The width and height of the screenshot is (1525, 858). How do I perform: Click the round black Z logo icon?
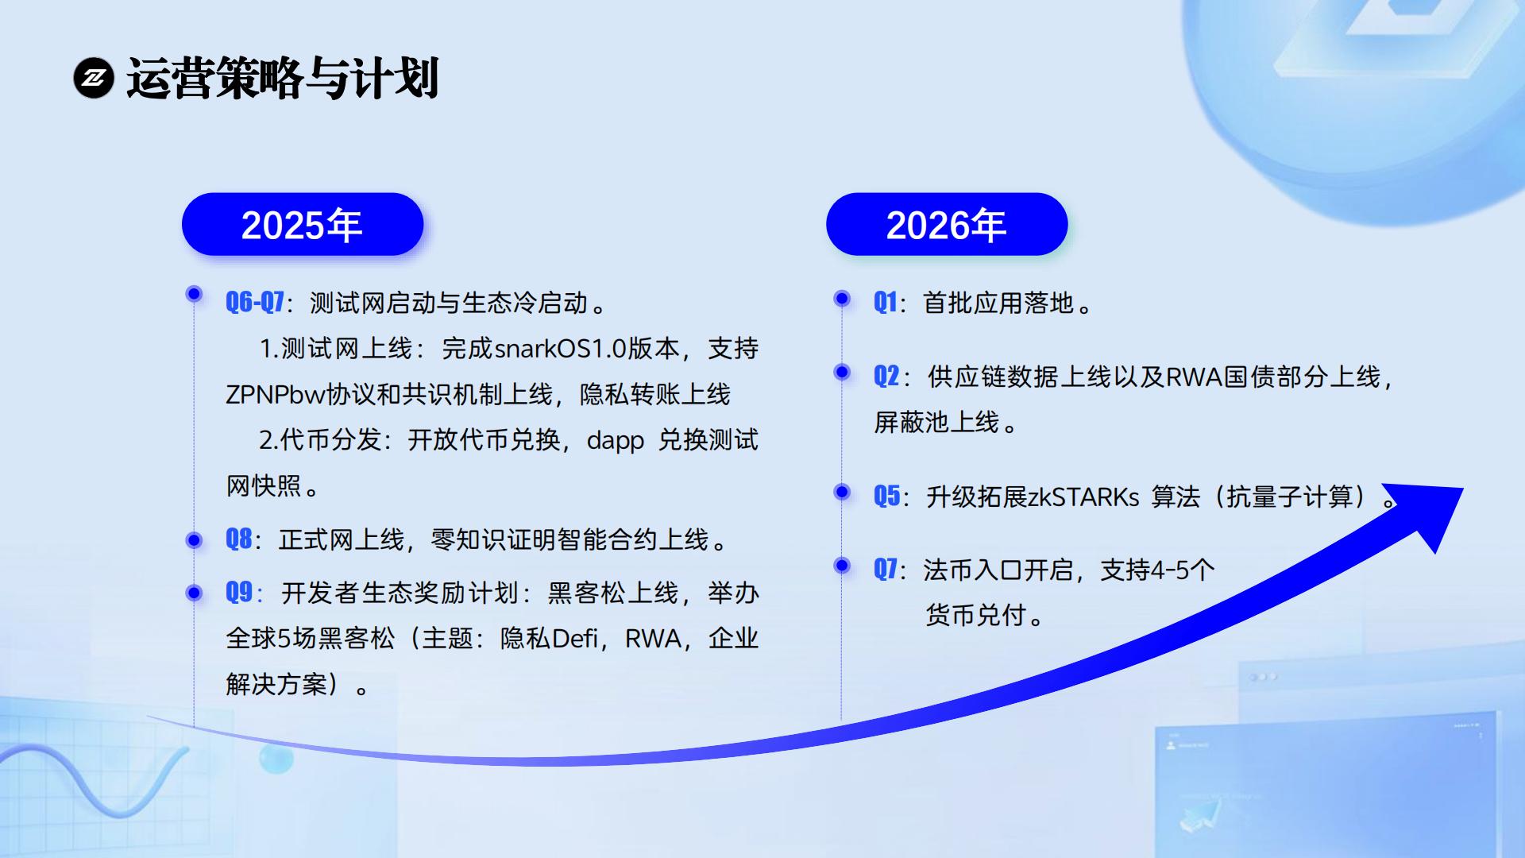pyautogui.click(x=94, y=78)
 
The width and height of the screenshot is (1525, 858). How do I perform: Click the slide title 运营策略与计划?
pyautogui.click(x=283, y=78)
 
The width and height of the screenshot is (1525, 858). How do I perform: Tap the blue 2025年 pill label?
pyautogui.click(x=303, y=224)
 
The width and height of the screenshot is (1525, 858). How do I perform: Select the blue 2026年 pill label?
pyautogui.click(x=947, y=224)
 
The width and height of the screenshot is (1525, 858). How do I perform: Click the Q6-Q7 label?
pyautogui.click(x=255, y=302)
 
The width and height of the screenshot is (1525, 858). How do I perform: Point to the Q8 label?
pyautogui.click(x=239, y=539)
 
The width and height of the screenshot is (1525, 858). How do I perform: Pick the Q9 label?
pyautogui.click(x=239, y=592)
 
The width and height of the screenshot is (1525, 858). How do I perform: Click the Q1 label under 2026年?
pyautogui.click(x=885, y=302)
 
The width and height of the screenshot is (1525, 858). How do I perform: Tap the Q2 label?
pyautogui.click(x=886, y=376)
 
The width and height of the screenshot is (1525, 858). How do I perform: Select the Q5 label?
pyautogui.click(x=886, y=496)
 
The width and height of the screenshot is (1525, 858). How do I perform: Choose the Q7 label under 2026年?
pyautogui.click(x=886, y=569)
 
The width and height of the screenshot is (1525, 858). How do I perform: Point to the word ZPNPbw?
pyautogui.click(x=276, y=394)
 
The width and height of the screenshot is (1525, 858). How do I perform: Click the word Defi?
pyautogui.click(x=574, y=638)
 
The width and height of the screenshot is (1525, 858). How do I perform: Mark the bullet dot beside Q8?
pyautogui.click(x=194, y=540)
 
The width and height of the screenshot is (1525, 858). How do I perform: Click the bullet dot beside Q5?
pyautogui.click(x=842, y=492)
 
